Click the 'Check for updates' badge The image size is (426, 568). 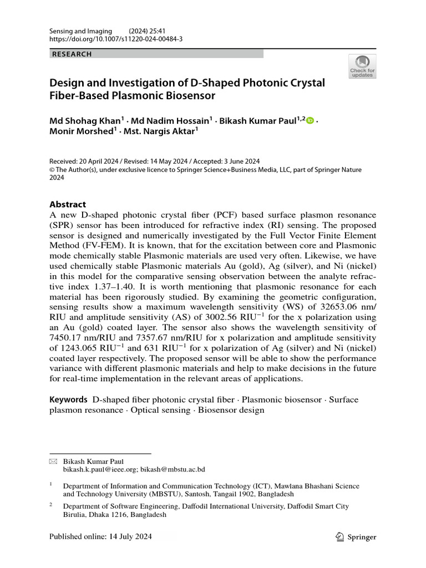tap(362, 66)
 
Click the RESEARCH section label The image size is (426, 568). tap(72, 54)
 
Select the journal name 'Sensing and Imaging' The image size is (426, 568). tap(80, 31)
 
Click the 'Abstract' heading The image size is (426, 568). tap(68, 204)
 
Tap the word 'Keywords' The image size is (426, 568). tap(69, 399)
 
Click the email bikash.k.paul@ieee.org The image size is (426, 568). tap(100, 469)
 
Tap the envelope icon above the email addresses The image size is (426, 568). tap(53, 461)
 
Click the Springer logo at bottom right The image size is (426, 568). tap(356, 537)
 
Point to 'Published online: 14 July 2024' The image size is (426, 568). tap(100, 537)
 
